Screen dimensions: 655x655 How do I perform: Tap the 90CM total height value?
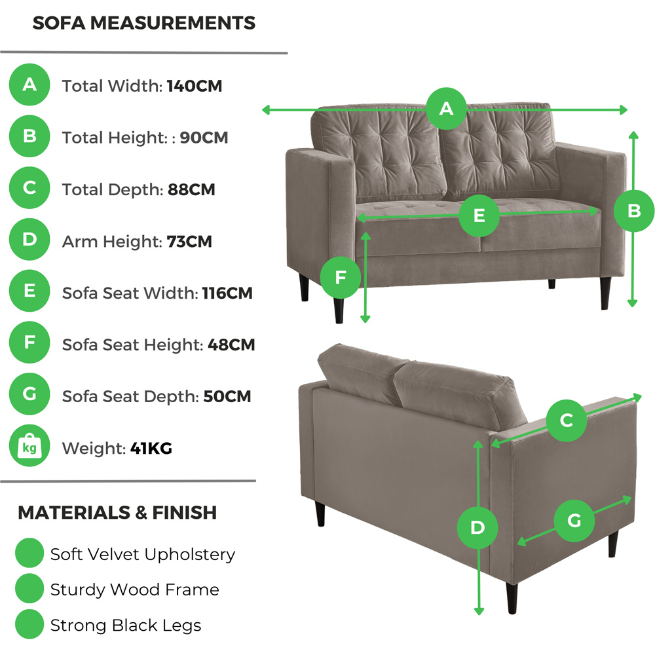click(x=204, y=138)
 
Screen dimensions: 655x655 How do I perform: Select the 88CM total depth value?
click(x=191, y=189)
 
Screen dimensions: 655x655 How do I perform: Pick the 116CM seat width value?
click(x=227, y=293)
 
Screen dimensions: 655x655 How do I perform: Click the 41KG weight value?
click(x=151, y=449)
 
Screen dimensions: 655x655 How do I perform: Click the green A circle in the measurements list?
click(x=29, y=85)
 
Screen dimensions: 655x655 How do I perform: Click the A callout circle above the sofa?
click(x=446, y=108)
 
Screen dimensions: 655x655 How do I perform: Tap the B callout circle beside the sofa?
click(x=633, y=211)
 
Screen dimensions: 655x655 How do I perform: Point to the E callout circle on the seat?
click(x=479, y=215)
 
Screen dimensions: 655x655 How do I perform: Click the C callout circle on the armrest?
click(x=567, y=420)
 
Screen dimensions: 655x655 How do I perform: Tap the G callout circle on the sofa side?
click(x=574, y=521)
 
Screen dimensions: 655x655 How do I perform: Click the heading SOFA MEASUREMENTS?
click(x=143, y=24)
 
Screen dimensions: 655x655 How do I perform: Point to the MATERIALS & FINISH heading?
click(x=117, y=512)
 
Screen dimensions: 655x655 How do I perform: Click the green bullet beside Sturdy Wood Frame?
click(x=29, y=589)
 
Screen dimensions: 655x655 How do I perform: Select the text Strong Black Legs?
click(x=126, y=625)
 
